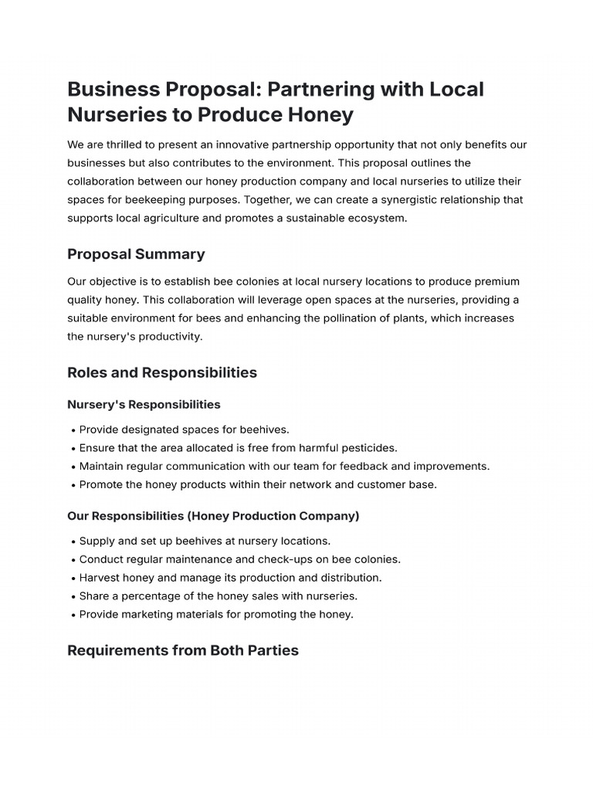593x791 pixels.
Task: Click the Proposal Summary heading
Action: [x=136, y=254]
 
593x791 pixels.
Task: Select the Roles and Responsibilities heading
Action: [x=162, y=372]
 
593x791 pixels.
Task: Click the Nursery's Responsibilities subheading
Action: [x=144, y=405]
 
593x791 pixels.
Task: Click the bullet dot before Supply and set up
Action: [x=73, y=541]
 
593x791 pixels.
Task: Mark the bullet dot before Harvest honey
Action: [x=73, y=579]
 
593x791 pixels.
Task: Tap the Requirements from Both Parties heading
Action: [x=183, y=650]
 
